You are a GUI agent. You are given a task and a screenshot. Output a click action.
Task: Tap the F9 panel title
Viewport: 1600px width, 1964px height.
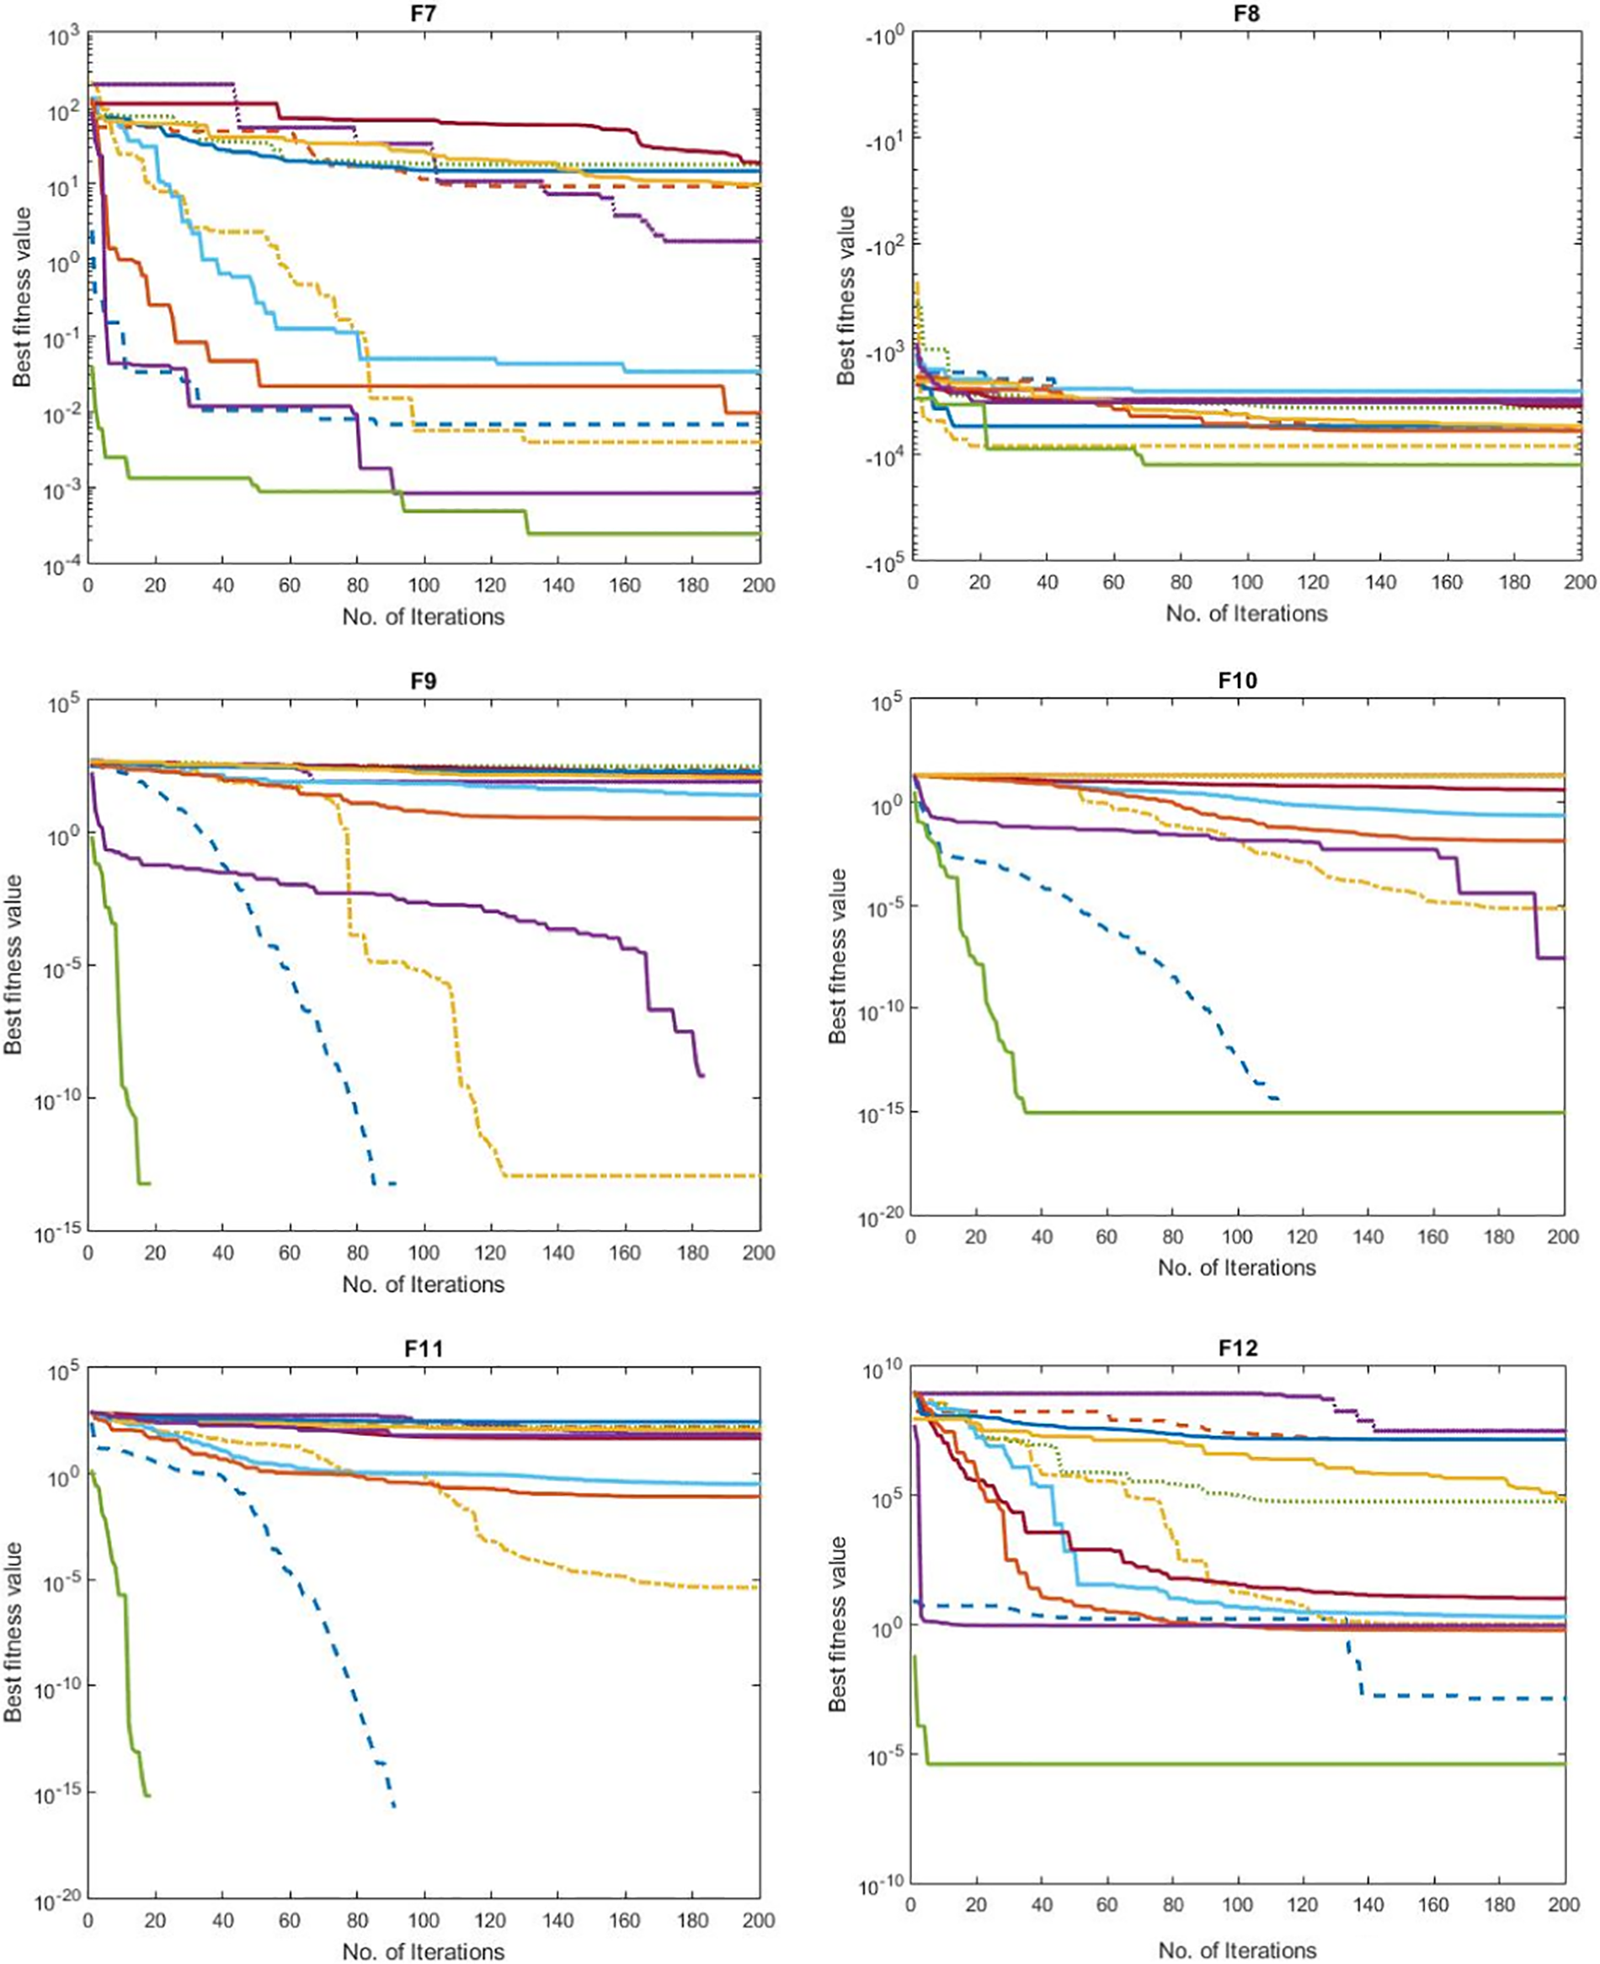tap(424, 681)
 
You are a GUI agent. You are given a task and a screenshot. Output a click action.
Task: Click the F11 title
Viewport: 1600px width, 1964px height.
tap(424, 1348)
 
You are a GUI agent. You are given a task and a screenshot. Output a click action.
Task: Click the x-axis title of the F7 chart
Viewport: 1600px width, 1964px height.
tap(423, 616)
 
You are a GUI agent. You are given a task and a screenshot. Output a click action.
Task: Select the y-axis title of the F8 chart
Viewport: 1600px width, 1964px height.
tap(845, 295)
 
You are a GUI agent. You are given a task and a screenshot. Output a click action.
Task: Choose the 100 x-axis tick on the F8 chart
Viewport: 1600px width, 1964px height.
tap(1246, 583)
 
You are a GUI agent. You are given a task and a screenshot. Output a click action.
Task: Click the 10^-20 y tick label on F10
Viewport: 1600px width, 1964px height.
tap(880, 1219)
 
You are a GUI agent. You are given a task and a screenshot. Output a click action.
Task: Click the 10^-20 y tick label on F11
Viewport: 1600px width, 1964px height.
tap(57, 1900)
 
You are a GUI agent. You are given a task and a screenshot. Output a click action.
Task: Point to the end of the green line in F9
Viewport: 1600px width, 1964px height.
tap(148, 1183)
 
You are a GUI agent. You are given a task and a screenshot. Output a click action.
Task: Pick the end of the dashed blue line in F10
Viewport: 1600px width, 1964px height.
tap(1278, 1098)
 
